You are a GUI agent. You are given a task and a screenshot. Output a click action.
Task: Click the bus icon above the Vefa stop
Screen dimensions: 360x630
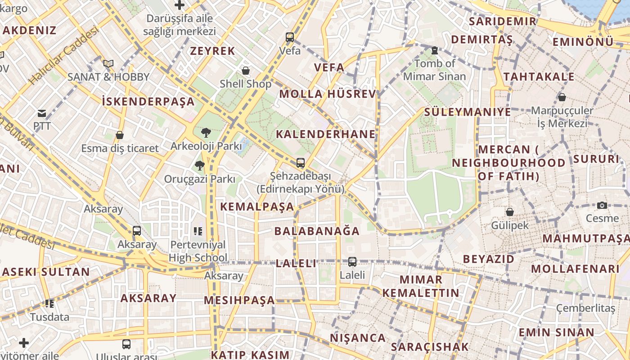point(290,37)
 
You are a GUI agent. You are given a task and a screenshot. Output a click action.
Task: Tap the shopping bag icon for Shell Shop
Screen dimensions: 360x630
point(246,71)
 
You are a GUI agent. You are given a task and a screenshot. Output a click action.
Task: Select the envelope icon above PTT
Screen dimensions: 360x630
point(42,113)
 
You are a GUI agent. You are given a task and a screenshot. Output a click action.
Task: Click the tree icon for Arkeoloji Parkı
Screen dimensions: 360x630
point(206,133)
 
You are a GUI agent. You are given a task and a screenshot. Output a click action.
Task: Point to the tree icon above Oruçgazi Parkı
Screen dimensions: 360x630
point(199,166)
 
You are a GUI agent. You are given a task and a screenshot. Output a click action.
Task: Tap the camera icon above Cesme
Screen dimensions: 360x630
point(602,205)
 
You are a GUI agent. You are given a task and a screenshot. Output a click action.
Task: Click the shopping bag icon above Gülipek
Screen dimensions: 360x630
point(510,211)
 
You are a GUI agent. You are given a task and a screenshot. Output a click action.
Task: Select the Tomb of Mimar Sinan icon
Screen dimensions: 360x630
point(434,50)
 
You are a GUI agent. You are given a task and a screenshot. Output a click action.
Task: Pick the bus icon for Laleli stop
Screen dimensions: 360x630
point(352,261)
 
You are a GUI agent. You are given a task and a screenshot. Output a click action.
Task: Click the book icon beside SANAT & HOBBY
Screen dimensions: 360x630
point(108,63)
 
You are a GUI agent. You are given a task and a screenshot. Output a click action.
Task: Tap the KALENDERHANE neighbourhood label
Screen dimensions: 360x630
point(325,134)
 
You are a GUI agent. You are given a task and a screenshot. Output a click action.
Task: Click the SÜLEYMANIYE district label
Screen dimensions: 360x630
point(468,112)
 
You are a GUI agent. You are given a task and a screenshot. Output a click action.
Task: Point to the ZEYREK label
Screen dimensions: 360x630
point(212,51)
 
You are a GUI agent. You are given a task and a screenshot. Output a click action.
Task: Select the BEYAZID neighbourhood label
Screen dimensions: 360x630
point(488,259)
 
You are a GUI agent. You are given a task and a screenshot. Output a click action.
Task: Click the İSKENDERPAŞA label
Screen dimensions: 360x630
point(148,102)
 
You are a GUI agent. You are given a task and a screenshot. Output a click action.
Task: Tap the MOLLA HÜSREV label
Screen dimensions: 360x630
point(327,94)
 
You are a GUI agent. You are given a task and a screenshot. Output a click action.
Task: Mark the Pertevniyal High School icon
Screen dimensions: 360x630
point(198,231)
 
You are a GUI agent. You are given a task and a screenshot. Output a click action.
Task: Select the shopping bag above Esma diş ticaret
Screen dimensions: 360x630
point(120,135)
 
